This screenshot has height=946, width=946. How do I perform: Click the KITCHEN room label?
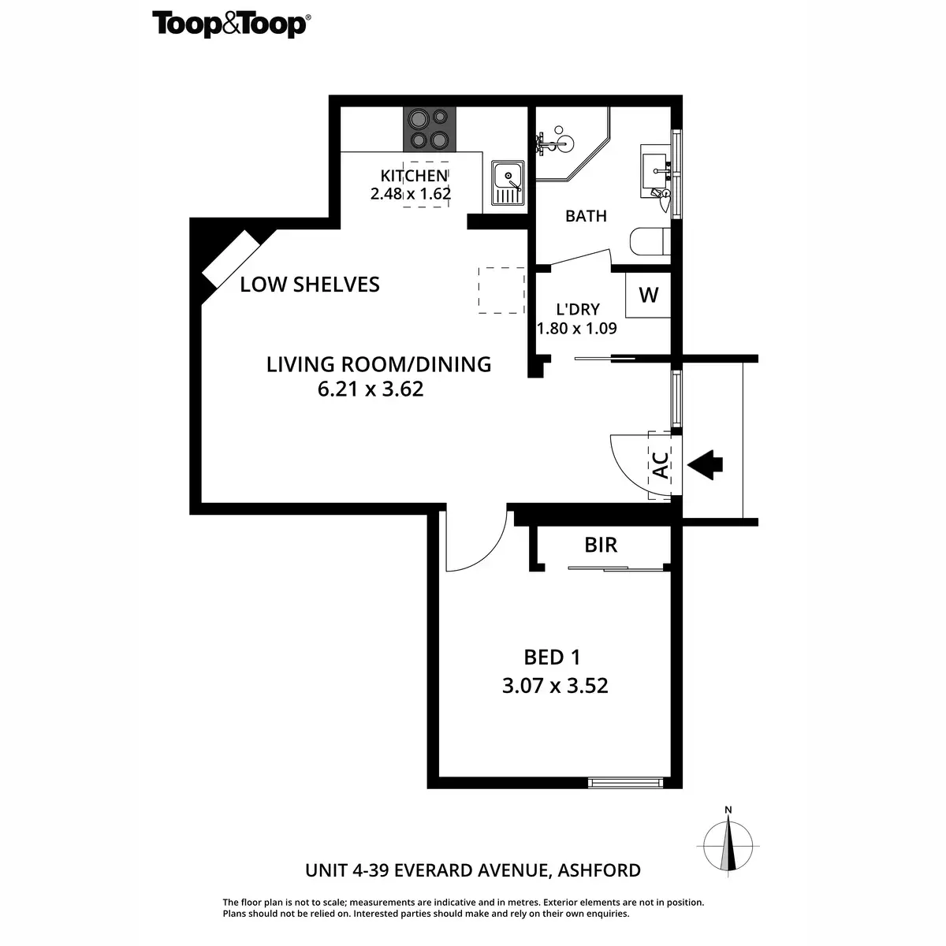pyautogui.click(x=414, y=176)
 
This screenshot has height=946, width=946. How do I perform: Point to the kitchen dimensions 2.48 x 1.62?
pyautogui.click(x=411, y=193)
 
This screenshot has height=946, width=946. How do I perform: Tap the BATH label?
pyautogui.click(x=586, y=215)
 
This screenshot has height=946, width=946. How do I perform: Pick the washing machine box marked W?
pyautogui.click(x=648, y=295)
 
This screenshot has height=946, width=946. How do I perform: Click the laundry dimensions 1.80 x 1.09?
pyautogui.click(x=576, y=328)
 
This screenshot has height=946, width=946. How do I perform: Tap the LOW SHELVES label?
pyautogui.click(x=310, y=285)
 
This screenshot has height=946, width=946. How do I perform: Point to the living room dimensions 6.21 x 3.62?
pyautogui.click(x=371, y=389)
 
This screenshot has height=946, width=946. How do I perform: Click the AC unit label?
pyautogui.click(x=661, y=466)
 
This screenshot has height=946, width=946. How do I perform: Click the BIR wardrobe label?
pyautogui.click(x=601, y=545)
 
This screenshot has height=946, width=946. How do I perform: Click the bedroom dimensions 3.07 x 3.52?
pyautogui.click(x=555, y=686)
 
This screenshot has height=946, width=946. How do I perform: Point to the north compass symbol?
pyautogui.click(x=729, y=841)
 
